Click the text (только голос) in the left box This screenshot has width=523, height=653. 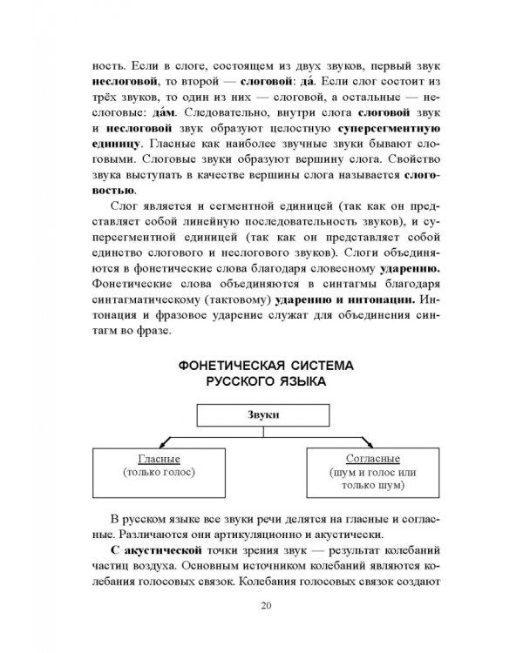159,472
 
